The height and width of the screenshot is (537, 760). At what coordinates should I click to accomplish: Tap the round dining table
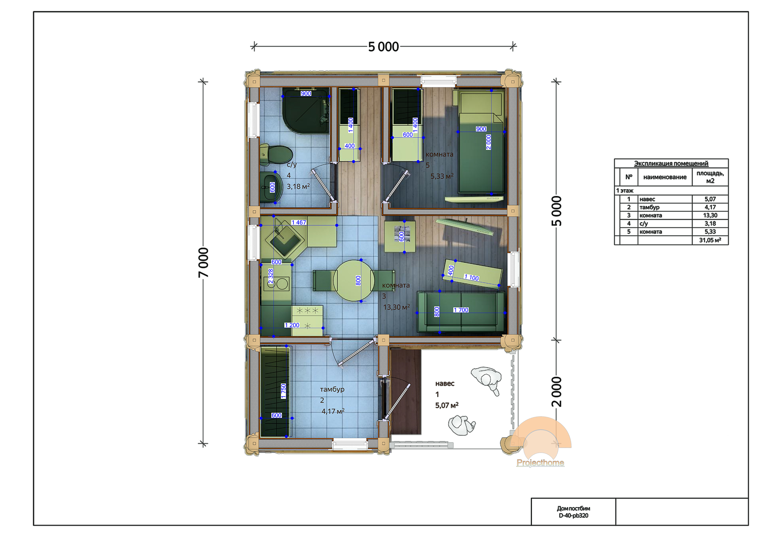coord(354,281)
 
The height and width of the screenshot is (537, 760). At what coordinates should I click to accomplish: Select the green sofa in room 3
coord(461,312)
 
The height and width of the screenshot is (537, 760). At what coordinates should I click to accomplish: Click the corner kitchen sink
coord(285,240)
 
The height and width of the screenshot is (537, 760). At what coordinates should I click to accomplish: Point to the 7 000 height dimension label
coord(203,262)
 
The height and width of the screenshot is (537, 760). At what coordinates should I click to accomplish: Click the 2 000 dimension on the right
coord(556,391)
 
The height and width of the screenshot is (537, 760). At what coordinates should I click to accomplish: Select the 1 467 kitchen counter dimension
coord(298,222)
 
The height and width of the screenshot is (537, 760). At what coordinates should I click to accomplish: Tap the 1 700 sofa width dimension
coord(461,310)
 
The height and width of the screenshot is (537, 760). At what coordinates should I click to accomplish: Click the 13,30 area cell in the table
coord(710,215)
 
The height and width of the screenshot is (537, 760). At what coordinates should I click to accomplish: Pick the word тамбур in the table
coord(649,207)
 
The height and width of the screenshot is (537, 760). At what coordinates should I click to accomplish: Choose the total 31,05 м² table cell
coord(710,240)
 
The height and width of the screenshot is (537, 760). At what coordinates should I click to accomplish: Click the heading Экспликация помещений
coord(671,163)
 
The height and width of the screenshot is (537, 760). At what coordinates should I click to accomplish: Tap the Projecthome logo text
coord(540,463)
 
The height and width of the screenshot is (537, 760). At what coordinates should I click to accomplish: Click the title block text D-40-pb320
coord(573,516)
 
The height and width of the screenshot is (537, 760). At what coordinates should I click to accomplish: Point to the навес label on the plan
coord(445,383)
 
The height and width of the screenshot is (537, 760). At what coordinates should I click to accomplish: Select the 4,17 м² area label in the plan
coord(333,411)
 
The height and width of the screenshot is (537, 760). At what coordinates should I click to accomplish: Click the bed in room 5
coord(481,141)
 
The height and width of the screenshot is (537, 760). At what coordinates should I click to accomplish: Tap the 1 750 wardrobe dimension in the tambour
coord(283,391)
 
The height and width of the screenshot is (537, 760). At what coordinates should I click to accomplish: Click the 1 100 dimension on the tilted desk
coord(471,277)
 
